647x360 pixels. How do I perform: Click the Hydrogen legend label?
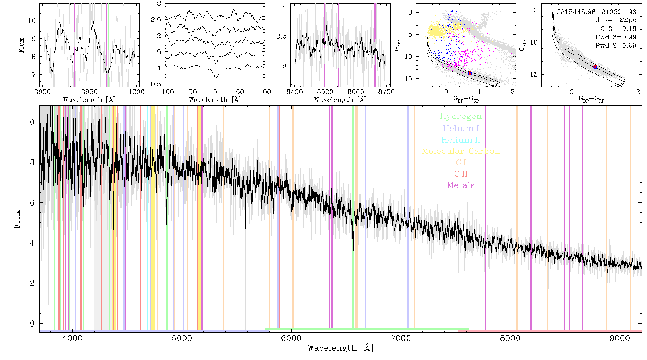[x=461, y=116]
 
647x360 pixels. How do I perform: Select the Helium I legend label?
[x=461, y=128]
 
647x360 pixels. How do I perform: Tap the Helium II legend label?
[x=461, y=140]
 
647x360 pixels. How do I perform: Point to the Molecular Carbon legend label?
[x=461, y=151]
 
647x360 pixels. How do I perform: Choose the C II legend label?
[x=461, y=174]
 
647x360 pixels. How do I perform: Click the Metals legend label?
[x=461, y=185]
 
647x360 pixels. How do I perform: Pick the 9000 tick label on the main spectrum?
[x=620, y=338]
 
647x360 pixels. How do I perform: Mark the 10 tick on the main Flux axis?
[x=30, y=122]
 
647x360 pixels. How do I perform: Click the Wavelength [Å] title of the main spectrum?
[x=340, y=348]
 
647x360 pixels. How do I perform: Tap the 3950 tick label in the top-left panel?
[x=90, y=91]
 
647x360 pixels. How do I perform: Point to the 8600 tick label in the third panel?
[x=355, y=91]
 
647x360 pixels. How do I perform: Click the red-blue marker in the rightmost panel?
[x=596, y=67]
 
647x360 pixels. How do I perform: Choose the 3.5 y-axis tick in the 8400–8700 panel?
[x=281, y=36]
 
